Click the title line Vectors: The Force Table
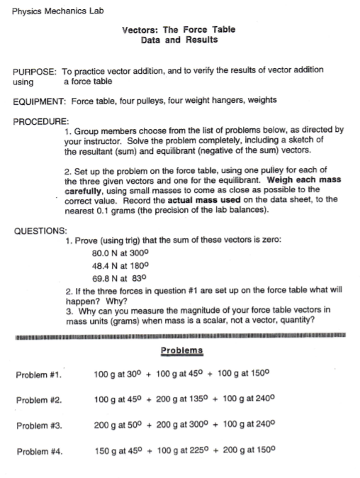(179, 30)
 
